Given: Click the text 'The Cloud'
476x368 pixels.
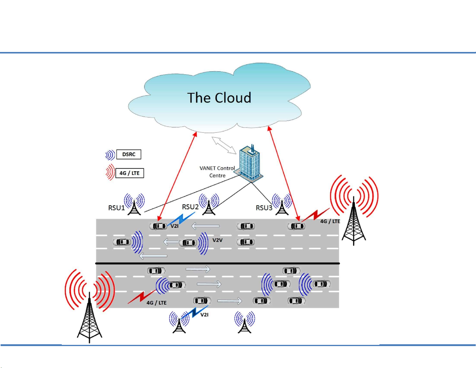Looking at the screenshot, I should [219, 98].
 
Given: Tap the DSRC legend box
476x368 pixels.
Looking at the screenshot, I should [129, 154].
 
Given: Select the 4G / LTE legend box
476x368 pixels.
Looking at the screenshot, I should [129, 173].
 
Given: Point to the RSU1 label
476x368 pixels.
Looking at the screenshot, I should [116, 208].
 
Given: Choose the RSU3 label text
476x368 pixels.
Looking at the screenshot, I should [264, 208].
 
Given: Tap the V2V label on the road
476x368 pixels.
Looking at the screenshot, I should [217, 240].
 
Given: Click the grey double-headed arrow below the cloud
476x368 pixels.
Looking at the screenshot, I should [224, 145].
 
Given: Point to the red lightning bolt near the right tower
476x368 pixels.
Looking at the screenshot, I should [315, 215].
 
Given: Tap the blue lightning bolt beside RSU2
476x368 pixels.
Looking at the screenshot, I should [183, 218].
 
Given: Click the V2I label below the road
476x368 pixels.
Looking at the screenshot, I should [204, 315].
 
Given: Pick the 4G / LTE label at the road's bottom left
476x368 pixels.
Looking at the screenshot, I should [156, 303].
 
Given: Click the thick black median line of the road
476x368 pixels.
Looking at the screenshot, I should [217, 263].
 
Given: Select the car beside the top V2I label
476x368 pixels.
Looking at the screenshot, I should [159, 226].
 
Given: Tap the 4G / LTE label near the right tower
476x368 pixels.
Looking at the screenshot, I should [330, 221].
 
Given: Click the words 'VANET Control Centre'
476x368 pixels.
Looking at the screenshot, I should [217, 172].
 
